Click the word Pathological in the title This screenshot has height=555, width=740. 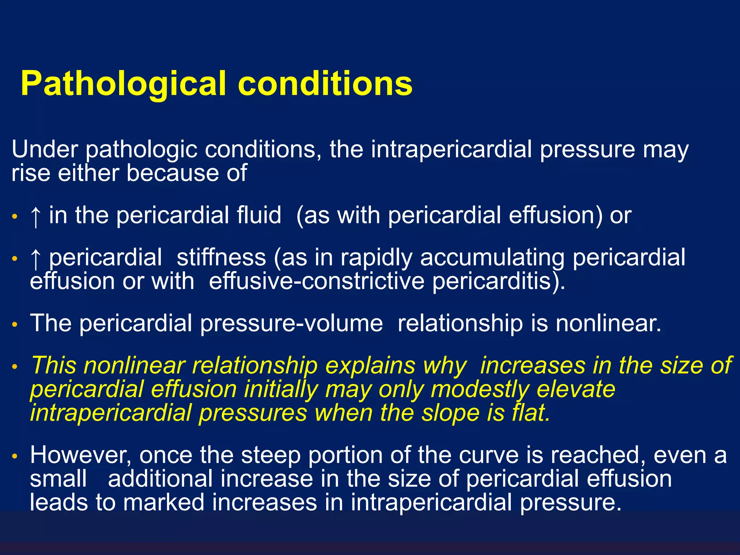(123, 84)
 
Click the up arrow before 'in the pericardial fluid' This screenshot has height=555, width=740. (35, 216)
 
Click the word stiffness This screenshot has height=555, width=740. (221, 257)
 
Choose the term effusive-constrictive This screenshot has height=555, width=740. (317, 281)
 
